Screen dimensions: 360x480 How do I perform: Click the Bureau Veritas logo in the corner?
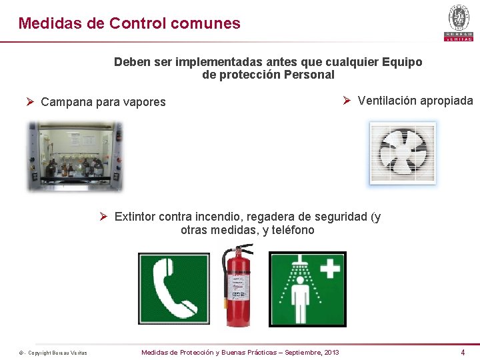pos(459,22)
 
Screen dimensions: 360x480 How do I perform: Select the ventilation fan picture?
pos(403,153)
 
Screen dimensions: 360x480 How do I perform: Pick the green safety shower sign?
pos(307,289)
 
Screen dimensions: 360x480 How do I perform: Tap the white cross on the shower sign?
pos(329,269)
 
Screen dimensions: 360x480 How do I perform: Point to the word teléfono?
pos(293,230)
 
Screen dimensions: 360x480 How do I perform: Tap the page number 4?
pos(463,352)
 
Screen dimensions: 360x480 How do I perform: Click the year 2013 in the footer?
pos(331,352)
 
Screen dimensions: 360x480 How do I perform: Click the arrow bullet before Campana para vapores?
pos(30,102)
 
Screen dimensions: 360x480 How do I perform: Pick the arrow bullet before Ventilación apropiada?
pos(347,101)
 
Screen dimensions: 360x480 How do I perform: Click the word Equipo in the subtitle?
pos(402,62)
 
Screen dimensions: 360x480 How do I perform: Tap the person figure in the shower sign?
pos(301,301)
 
